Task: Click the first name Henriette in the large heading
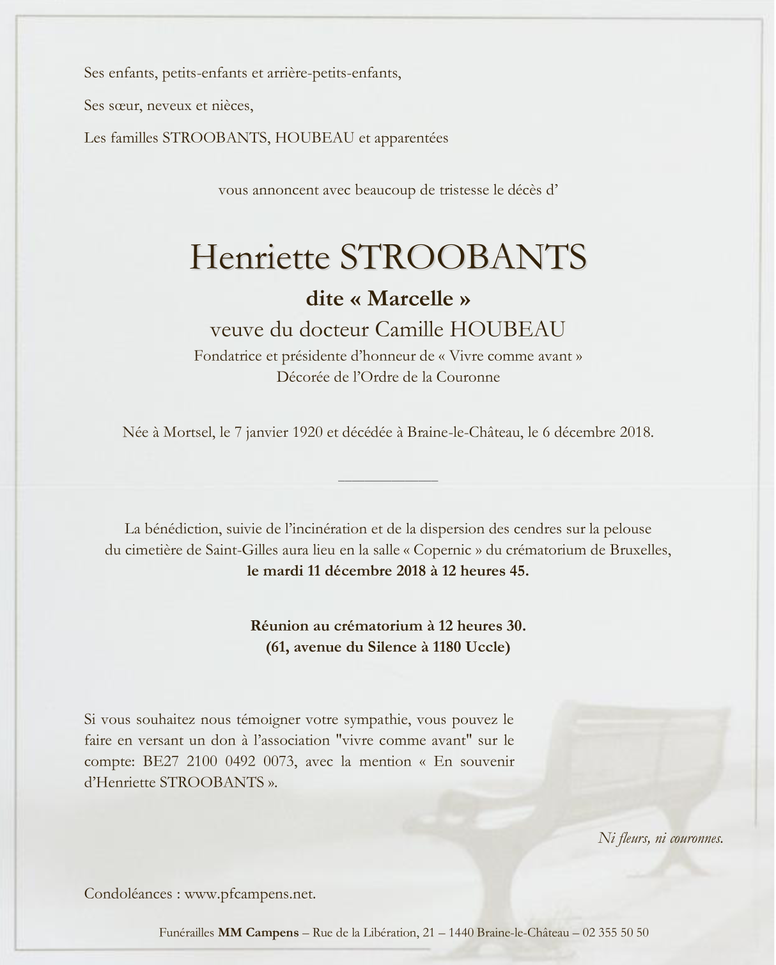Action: pos(260,257)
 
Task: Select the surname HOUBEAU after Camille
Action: pos(508,329)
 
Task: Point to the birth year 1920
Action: pos(307,432)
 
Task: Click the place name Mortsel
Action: pos(189,432)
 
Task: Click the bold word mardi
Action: pos(283,571)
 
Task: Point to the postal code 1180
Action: pos(447,647)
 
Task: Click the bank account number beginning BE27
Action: pos(219,762)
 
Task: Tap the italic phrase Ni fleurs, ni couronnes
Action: pos(660,838)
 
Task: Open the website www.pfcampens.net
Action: pos(250,894)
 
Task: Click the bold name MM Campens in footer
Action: pos(258,932)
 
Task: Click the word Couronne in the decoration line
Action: pos(468,377)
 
